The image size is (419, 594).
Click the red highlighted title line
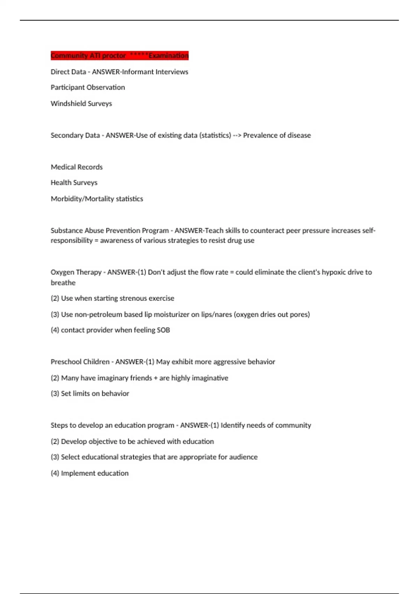(x=119, y=56)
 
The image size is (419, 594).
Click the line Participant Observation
(x=88, y=87)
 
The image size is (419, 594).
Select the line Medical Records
(x=76, y=167)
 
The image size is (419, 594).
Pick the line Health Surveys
(x=74, y=183)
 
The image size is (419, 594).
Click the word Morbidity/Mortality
(x=82, y=199)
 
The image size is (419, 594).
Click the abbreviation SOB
(x=163, y=330)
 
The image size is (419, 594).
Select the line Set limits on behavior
(x=90, y=393)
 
